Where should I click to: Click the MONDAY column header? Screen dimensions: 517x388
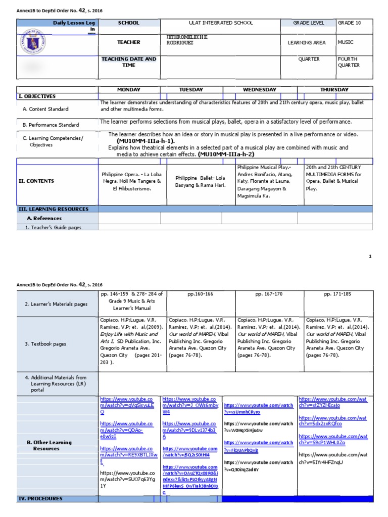[129, 90]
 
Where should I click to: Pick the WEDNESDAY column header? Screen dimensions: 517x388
[260, 90]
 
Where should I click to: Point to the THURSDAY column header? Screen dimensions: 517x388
[334, 90]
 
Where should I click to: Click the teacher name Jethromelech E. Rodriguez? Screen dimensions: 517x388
[187, 40]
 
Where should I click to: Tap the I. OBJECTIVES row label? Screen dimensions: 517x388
[37, 96]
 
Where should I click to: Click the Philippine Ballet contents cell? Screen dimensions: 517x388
[200, 181]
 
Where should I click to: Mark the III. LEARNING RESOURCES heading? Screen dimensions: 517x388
[54, 209]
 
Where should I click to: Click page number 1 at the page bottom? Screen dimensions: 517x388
[370, 256]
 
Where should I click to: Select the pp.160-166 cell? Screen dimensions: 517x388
[200, 293]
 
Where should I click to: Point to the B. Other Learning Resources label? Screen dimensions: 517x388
[49, 445]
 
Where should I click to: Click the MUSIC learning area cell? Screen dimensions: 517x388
[346, 43]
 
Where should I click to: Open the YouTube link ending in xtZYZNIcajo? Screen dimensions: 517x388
[332, 402]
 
